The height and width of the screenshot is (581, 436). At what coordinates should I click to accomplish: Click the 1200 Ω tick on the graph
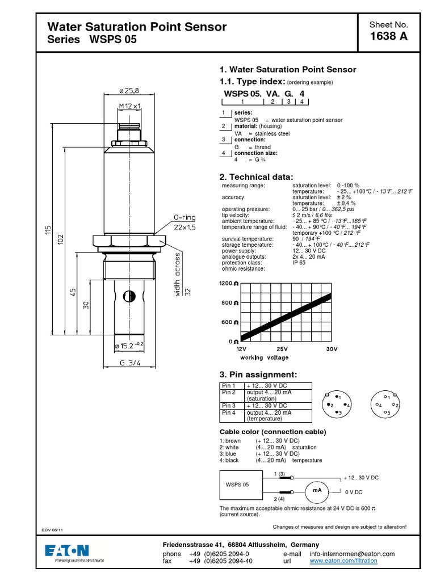click(229, 283)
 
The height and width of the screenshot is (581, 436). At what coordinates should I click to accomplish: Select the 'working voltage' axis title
click(264, 357)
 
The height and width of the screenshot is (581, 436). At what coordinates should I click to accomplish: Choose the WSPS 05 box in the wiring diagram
click(238, 485)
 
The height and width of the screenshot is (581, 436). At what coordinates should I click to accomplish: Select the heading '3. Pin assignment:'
click(258, 374)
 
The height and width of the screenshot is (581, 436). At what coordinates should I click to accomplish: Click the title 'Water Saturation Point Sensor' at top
click(137, 27)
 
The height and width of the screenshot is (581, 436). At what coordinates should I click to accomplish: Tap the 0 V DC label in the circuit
click(353, 492)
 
